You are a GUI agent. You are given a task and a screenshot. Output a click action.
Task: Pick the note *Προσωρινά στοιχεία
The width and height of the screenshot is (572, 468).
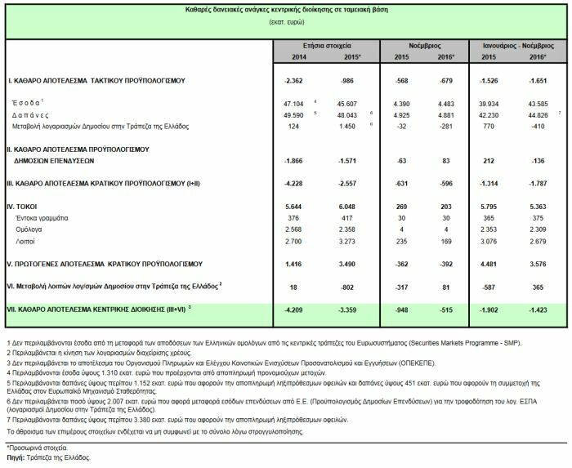(x=38, y=449)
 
